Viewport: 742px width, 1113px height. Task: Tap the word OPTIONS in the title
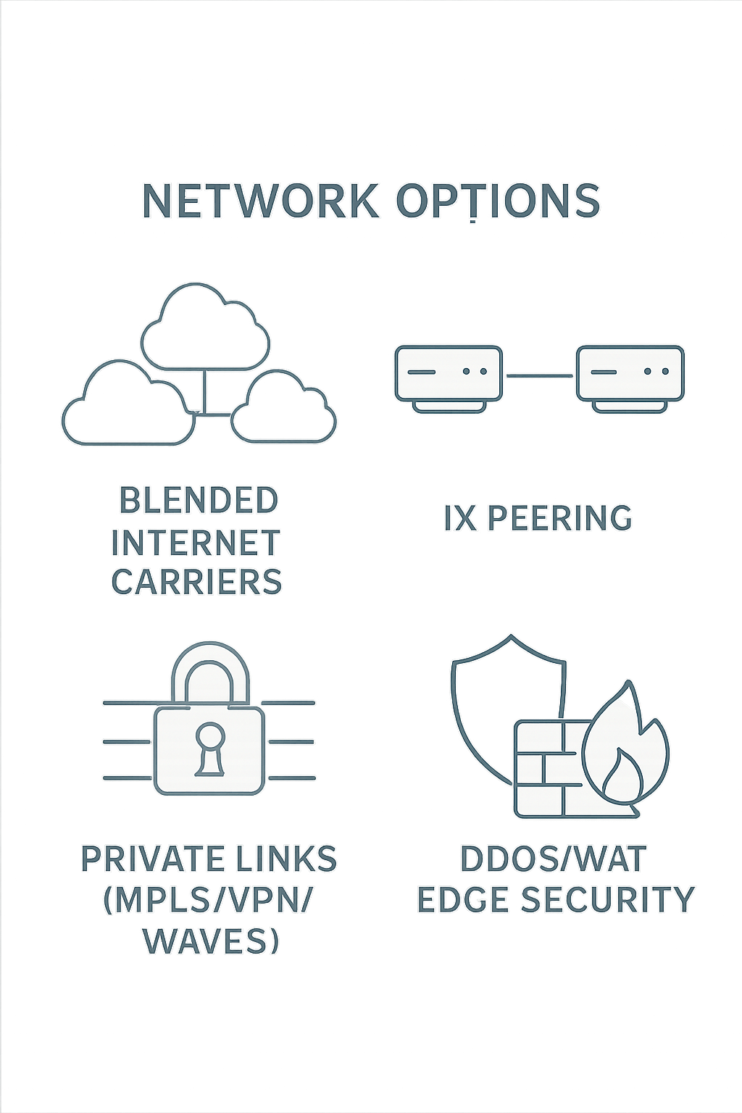click(498, 201)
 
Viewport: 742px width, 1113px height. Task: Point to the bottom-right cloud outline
click(284, 409)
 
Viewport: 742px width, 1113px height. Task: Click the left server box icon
click(448, 373)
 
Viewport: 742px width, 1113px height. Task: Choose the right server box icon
click(630, 373)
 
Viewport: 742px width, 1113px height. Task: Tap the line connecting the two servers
click(539, 375)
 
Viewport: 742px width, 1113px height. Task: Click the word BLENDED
click(198, 501)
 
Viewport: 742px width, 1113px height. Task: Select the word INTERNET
click(196, 543)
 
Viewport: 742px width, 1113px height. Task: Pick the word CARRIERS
click(196, 582)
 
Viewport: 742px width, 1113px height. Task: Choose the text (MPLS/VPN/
click(209, 900)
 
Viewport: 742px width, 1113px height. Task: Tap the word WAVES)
click(211, 941)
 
